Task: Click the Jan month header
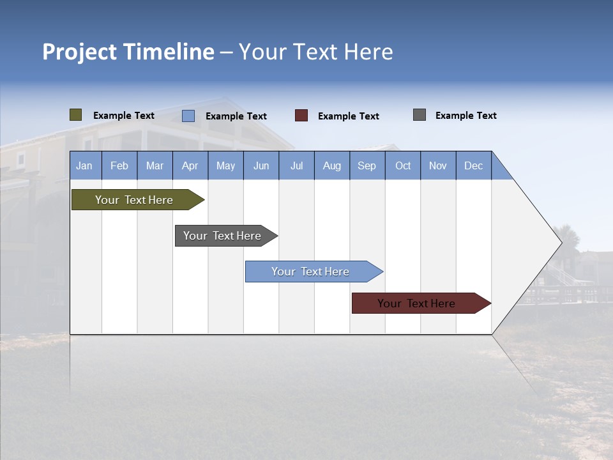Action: [85, 165]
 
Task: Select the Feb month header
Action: [119, 165]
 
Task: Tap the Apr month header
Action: [190, 165]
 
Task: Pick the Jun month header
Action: [261, 165]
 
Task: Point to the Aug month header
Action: [332, 165]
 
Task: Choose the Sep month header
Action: [367, 165]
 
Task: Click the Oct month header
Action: [403, 165]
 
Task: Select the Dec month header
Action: [474, 165]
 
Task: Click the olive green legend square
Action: [76, 115]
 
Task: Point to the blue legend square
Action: [188, 116]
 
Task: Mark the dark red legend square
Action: [301, 116]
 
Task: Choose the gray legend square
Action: [420, 115]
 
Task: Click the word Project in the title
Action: [80, 52]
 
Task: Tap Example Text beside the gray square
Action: [465, 116]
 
